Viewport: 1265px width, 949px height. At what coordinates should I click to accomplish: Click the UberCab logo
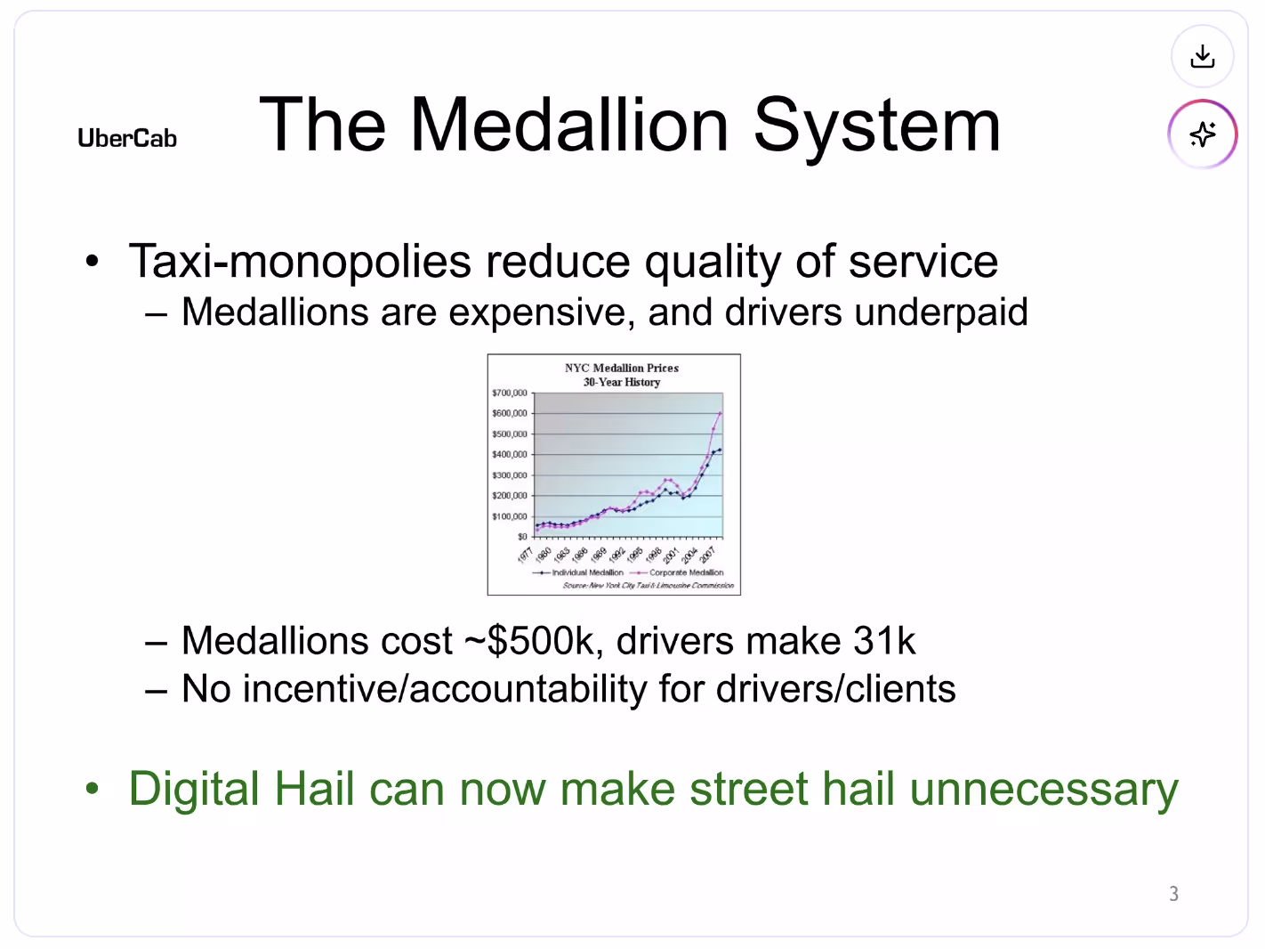click(127, 139)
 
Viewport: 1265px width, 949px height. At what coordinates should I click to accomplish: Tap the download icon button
click(1202, 57)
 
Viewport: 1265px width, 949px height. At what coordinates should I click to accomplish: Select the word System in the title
click(877, 126)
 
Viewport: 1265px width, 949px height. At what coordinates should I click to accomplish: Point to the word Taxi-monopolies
click(300, 262)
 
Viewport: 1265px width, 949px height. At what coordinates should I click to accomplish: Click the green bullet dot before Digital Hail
click(92, 790)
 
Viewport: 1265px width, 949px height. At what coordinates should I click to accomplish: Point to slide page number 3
click(1173, 894)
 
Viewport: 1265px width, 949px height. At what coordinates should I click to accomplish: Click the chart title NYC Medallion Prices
click(621, 368)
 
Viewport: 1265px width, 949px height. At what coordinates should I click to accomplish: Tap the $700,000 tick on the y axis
click(510, 393)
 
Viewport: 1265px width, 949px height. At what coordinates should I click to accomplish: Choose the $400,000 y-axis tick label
click(510, 454)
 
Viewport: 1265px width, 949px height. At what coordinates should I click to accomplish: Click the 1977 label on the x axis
click(525, 555)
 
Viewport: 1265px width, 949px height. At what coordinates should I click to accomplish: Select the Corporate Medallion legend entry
click(686, 572)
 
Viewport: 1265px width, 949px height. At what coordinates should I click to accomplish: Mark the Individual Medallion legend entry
click(587, 572)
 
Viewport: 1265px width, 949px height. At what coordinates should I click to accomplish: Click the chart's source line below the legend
click(648, 585)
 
